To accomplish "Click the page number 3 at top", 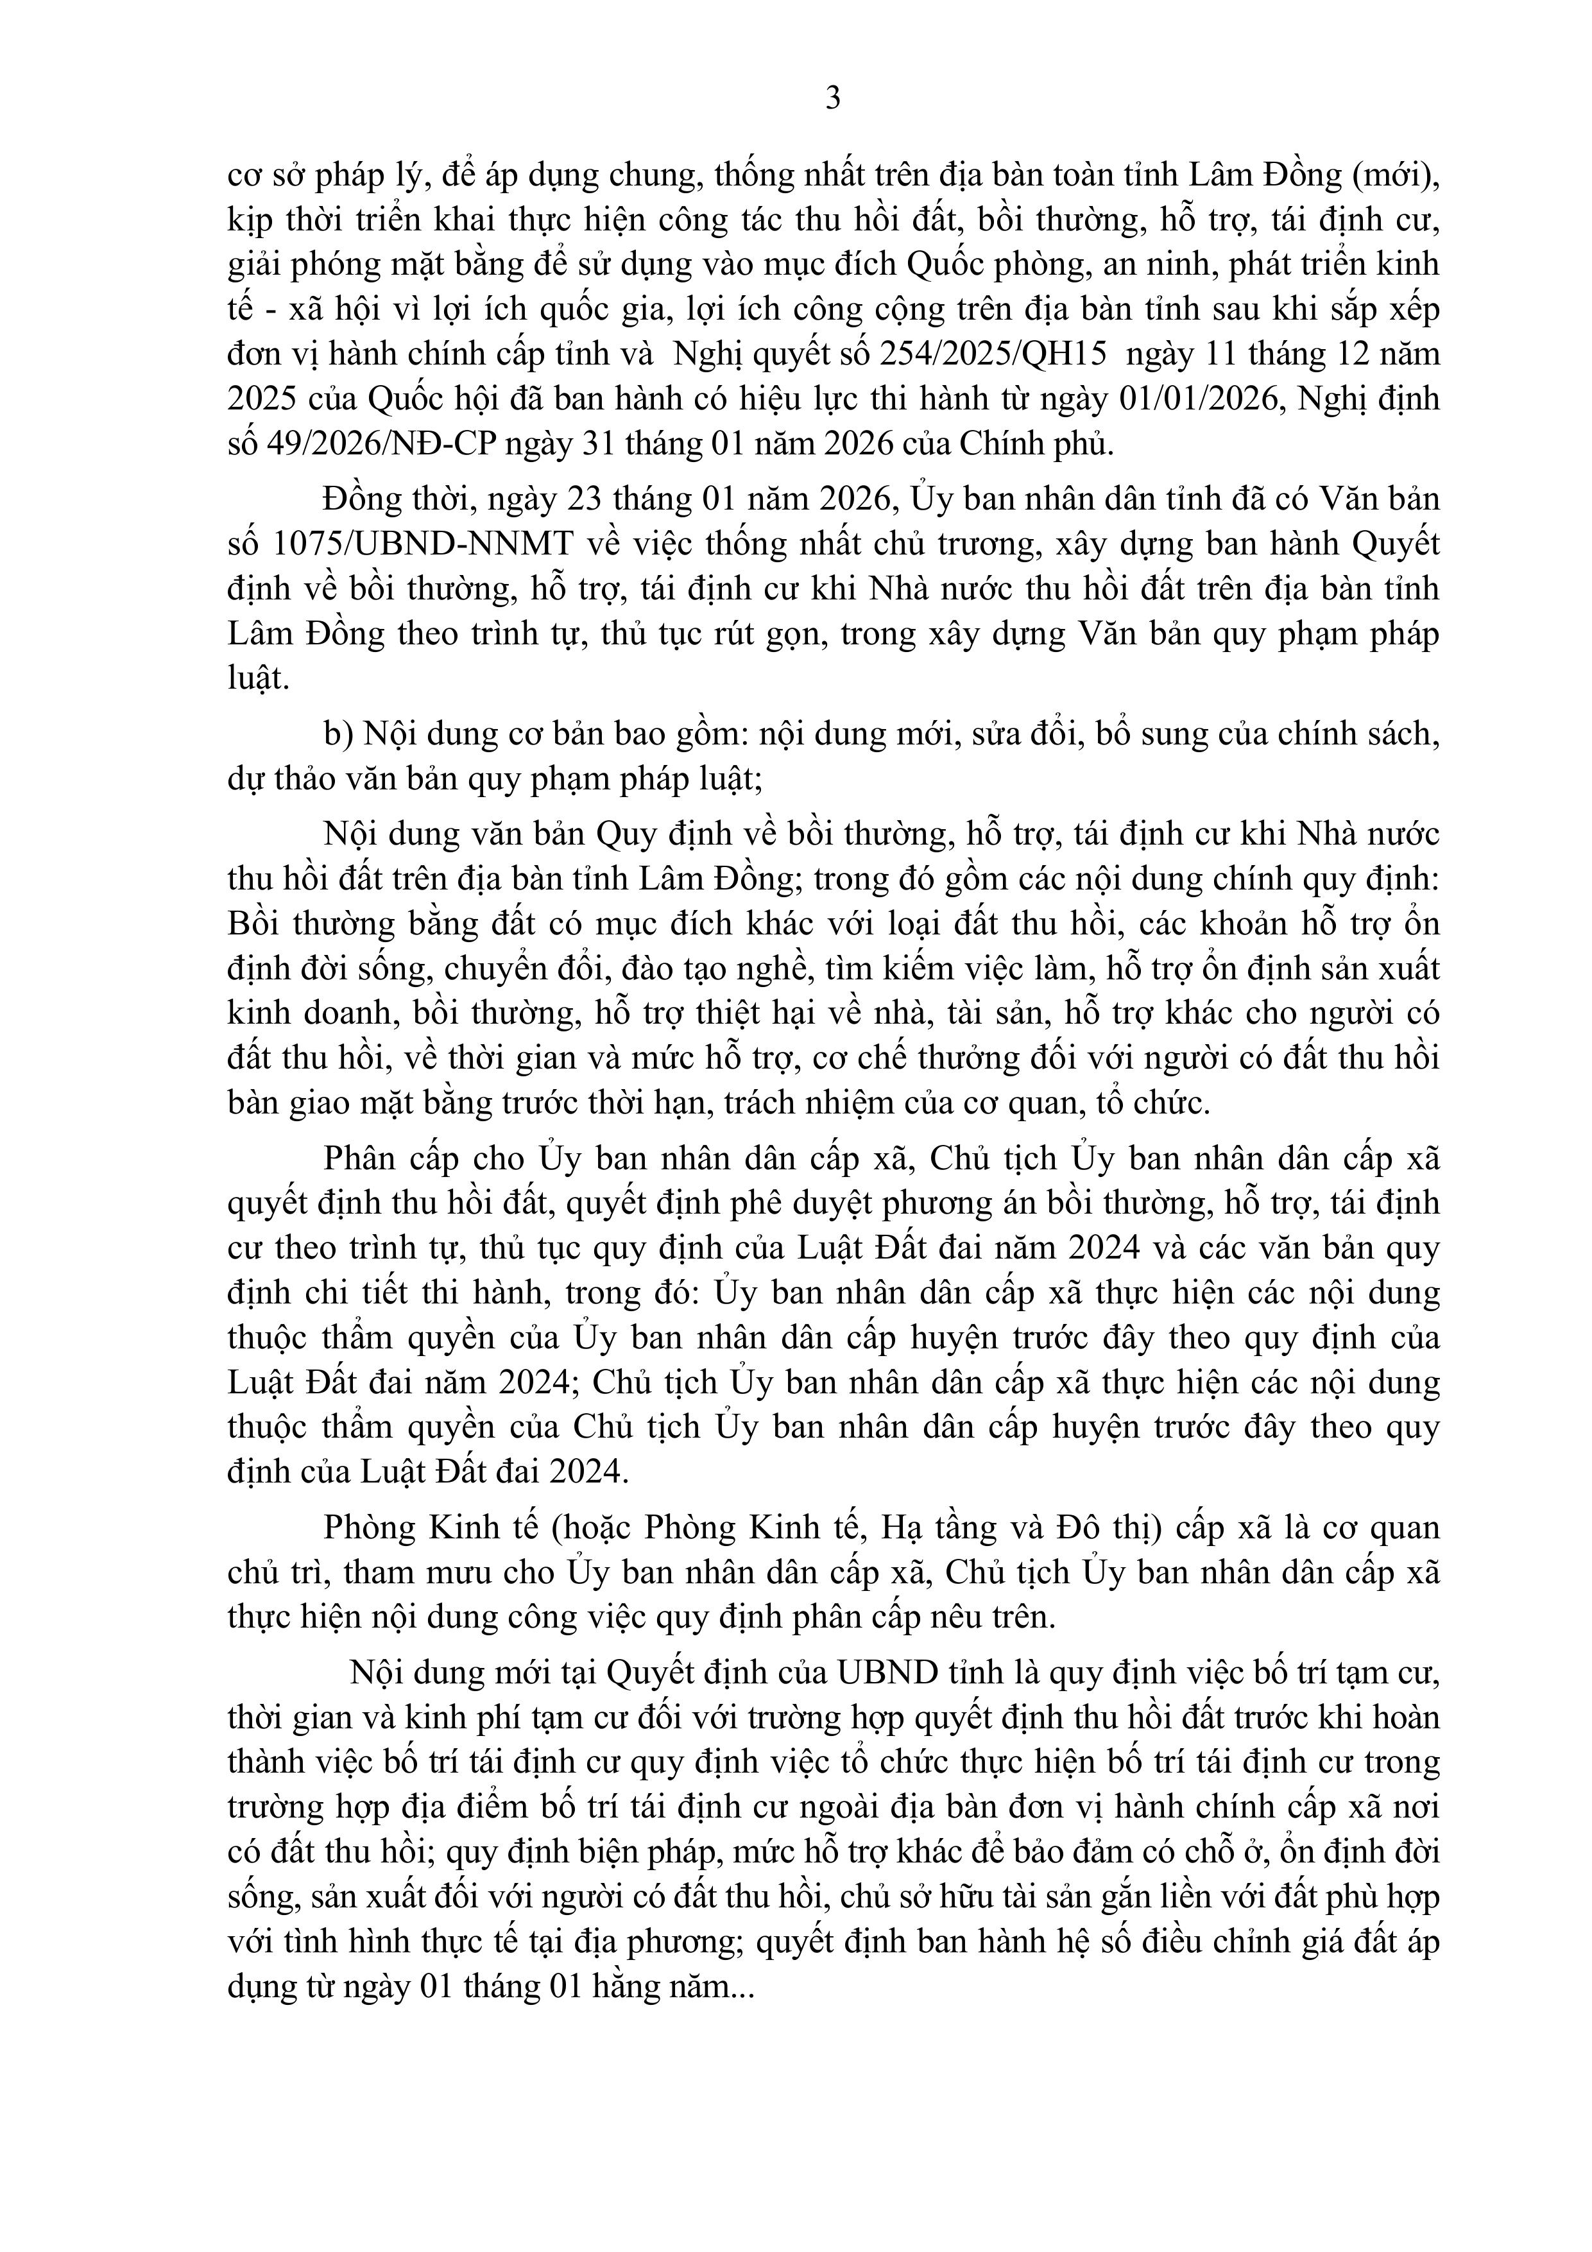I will pos(833,98).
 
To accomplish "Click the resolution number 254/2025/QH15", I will pos(1021,354).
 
